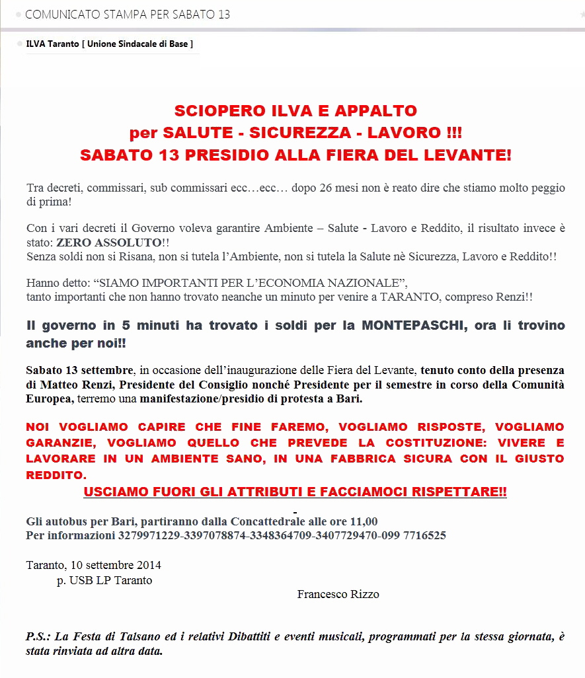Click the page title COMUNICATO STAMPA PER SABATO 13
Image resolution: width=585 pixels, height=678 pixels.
click(127, 15)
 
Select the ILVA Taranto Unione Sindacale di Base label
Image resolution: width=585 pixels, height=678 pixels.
click(109, 44)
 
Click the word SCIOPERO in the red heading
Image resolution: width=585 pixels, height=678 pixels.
click(211, 111)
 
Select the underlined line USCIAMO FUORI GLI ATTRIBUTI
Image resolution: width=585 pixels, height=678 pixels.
click(295, 492)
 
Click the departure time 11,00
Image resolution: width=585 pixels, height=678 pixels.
click(364, 521)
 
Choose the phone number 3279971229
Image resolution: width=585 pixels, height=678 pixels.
click(150, 535)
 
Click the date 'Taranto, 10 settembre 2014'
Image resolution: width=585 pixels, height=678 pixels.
click(93, 566)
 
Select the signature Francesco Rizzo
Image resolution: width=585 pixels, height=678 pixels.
click(338, 594)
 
